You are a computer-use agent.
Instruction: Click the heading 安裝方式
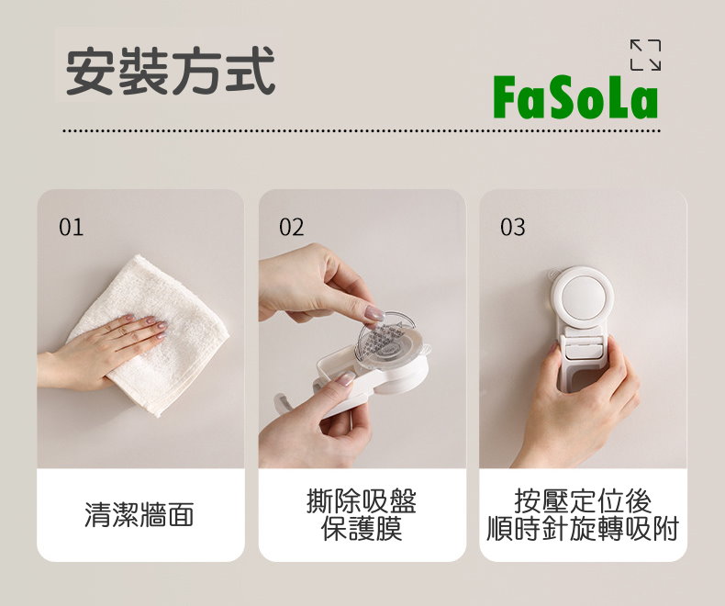click(171, 71)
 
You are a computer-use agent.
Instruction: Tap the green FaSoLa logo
click(575, 97)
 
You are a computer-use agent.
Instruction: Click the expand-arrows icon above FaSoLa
click(645, 55)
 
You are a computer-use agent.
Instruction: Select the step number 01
click(72, 227)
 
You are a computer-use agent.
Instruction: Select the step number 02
click(292, 227)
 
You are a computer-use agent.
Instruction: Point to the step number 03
click(513, 227)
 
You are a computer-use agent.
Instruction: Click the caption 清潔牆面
click(139, 514)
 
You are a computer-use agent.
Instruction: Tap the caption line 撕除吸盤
click(362, 501)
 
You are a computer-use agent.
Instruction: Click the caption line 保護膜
click(362, 529)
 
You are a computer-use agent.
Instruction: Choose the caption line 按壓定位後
click(583, 501)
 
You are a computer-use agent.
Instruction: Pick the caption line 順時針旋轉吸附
click(583, 529)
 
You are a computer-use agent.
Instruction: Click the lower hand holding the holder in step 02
click(315, 423)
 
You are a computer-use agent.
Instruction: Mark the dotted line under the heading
click(362, 131)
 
